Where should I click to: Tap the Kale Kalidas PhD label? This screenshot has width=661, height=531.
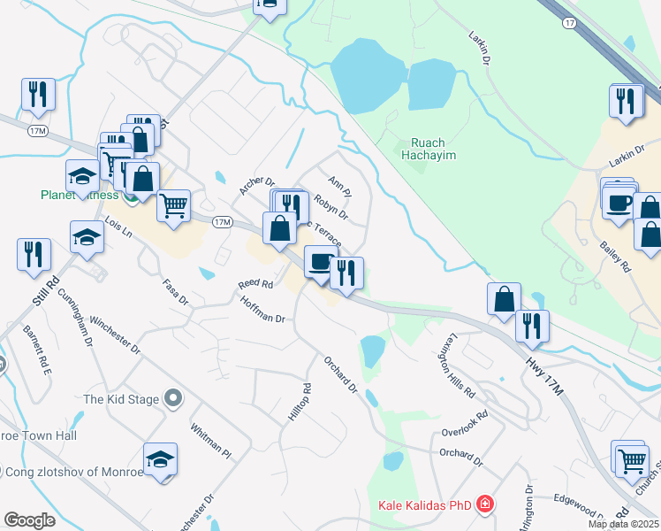[424, 505]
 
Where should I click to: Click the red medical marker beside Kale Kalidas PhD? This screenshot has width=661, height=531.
[484, 505]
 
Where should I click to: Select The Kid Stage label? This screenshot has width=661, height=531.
[122, 399]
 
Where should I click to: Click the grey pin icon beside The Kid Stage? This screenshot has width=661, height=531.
[174, 399]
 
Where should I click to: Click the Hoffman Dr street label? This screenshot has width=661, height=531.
[263, 310]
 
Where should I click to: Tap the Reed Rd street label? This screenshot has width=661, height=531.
[255, 285]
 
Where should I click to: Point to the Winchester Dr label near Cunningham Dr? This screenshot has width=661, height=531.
[115, 335]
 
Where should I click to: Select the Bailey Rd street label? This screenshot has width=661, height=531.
[615, 253]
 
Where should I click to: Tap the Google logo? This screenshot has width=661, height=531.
[29, 520]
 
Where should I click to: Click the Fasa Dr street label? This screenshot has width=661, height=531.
[176, 291]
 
